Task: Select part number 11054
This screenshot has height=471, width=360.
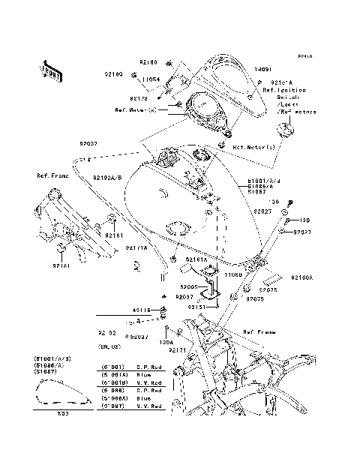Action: (153, 79)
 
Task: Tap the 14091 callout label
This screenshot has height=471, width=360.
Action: (264, 68)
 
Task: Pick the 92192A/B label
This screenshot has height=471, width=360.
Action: (107, 178)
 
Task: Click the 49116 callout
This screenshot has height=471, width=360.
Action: (141, 310)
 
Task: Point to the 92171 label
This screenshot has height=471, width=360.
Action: (178, 350)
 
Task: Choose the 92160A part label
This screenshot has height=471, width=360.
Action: (302, 277)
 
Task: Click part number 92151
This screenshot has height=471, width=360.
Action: (196, 307)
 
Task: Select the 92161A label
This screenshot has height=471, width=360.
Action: (196, 259)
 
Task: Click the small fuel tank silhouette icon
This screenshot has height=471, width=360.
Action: (56, 397)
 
